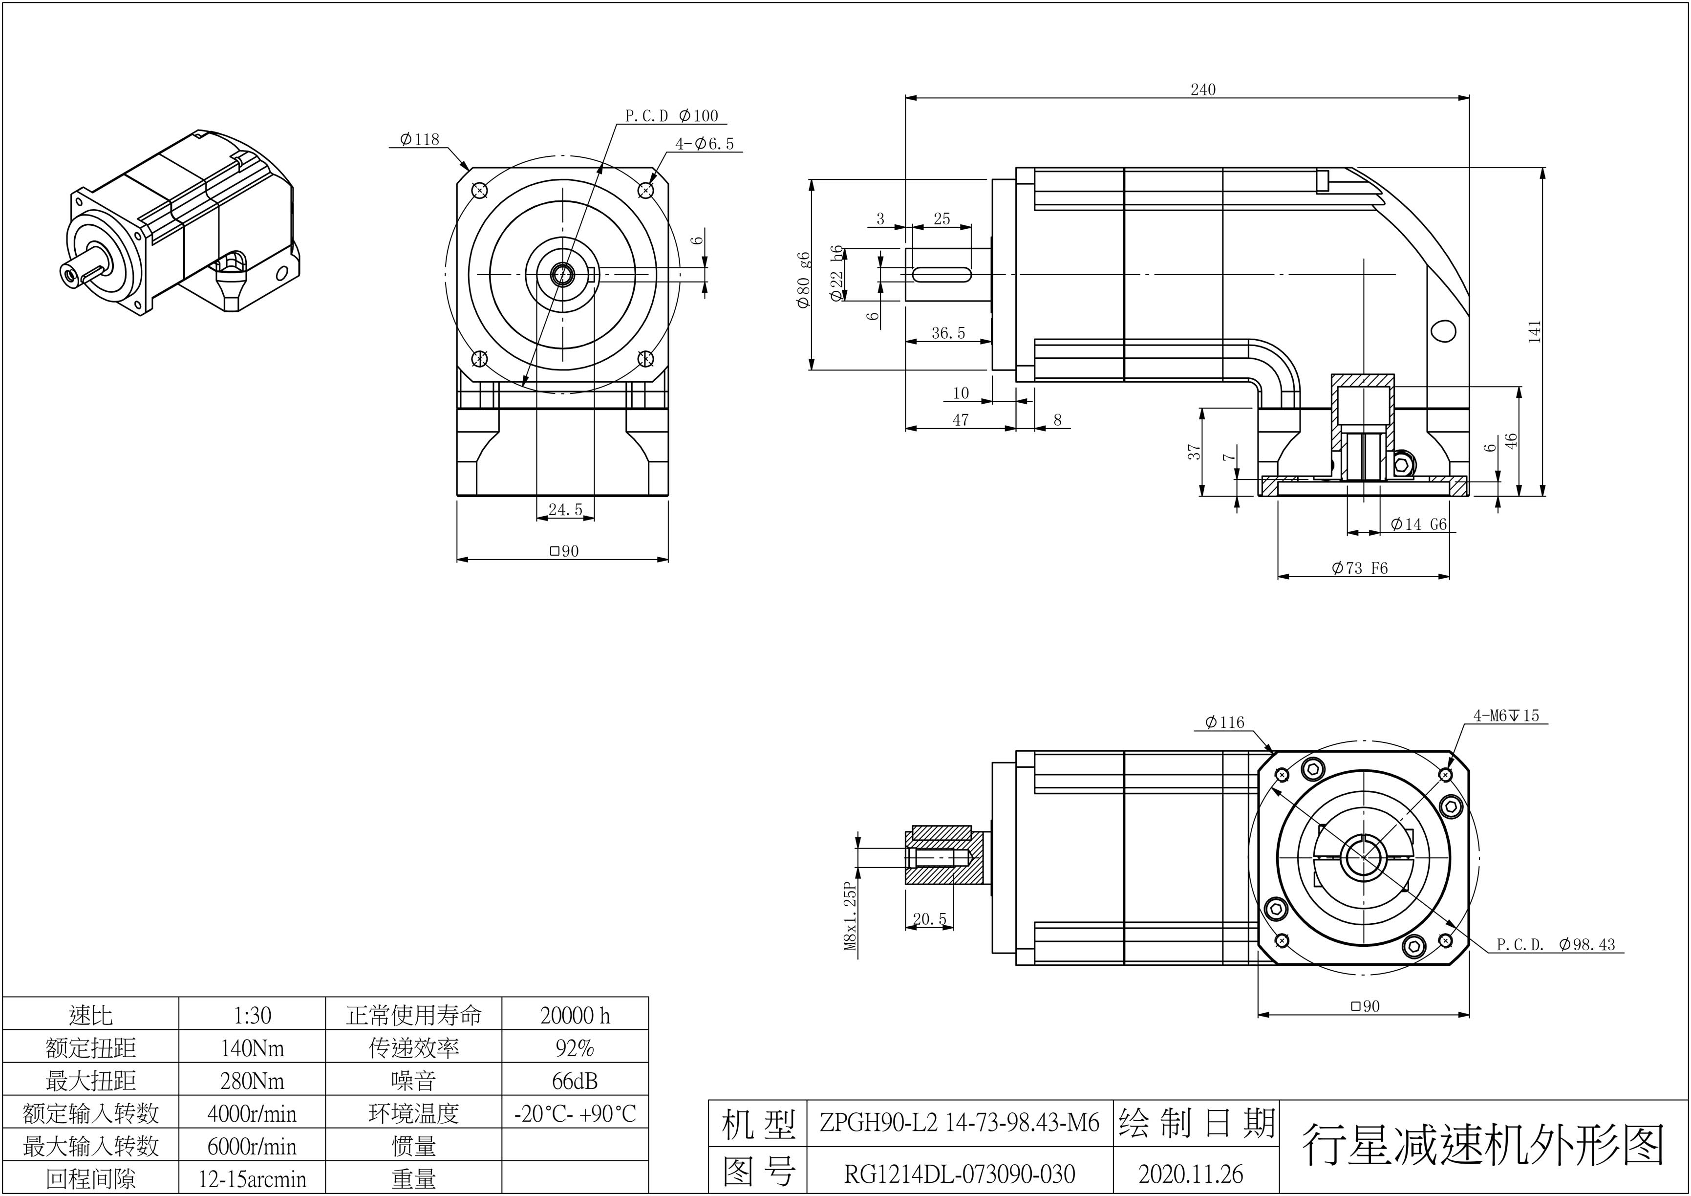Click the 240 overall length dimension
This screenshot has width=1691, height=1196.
pyautogui.click(x=1203, y=90)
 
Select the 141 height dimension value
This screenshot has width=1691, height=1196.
pyautogui.click(x=1534, y=331)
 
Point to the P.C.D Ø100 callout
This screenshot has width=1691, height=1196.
pyautogui.click(x=671, y=116)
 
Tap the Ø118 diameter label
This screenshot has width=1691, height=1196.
pyautogui.click(x=420, y=139)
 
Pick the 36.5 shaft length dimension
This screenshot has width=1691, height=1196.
pyautogui.click(x=948, y=333)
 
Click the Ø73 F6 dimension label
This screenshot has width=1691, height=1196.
pyautogui.click(x=1360, y=568)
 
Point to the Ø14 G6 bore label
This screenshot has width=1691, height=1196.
pyautogui.click(x=1418, y=524)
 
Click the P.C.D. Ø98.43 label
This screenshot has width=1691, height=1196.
pyautogui.click(x=1556, y=945)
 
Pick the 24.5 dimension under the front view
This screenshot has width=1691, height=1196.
pyautogui.click(x=565, y=510)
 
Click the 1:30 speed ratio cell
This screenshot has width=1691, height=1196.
pyautogui.click(x=252, y=1016)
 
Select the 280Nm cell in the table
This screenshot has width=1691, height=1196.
pyautogui.click(x=252, y=1081)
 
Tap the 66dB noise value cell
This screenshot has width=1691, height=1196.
pyautogui.click(x=575, y=1081)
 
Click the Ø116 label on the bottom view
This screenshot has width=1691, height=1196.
pyautogui.click(x=1224, y=723)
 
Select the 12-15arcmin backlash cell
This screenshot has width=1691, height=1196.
pyautogui.click(x=252, y=1179)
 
